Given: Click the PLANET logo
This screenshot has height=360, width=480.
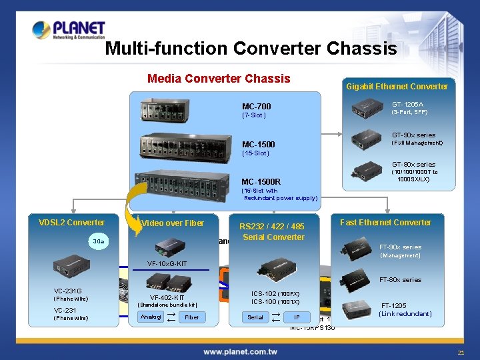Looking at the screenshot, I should point(69,31).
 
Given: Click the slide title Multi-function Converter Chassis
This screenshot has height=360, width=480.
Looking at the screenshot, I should point(251,49).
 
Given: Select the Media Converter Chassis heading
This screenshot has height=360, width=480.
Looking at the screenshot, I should point(219,79).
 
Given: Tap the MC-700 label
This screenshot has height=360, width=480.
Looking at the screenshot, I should point(256,107).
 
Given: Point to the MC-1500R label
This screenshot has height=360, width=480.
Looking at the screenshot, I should point(261,181).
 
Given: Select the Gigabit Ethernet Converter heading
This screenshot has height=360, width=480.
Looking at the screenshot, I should point(397,86).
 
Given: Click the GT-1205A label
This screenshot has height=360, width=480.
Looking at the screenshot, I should point(407,105).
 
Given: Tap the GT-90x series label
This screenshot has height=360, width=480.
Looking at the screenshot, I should point(413,135).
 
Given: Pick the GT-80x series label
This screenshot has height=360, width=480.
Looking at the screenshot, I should point(413,165).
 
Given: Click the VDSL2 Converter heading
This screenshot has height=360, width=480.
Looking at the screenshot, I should point(71,223).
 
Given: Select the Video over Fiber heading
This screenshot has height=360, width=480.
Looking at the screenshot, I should point(173,223).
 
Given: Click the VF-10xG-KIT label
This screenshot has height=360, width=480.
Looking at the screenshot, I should point(167,263).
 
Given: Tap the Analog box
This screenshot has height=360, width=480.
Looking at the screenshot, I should point(151,317).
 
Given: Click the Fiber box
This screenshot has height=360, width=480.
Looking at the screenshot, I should point(192,317).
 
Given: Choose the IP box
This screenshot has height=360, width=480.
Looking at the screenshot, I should point(297,317).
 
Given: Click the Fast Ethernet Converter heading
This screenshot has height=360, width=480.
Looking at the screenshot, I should point(385,223).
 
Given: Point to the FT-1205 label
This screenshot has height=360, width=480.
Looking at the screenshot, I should point(393,305).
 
